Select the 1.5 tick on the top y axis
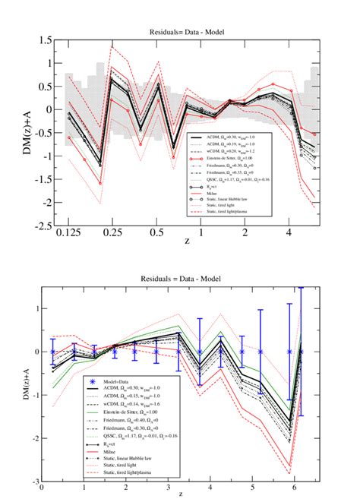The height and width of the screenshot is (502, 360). tap(45, 39)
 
